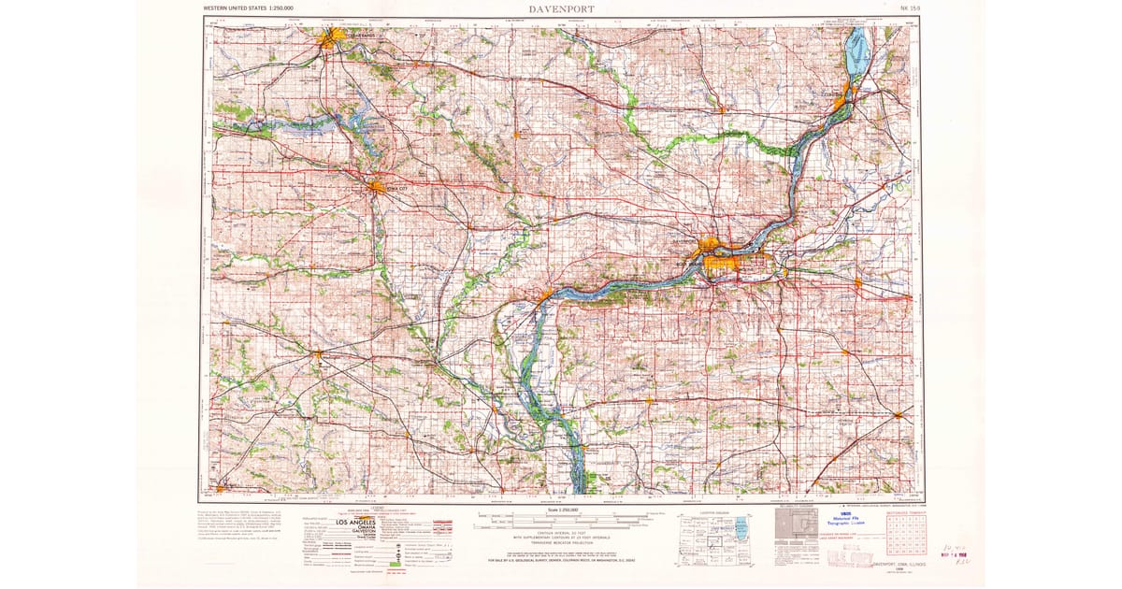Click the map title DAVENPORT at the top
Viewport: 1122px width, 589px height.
tap(561, 8)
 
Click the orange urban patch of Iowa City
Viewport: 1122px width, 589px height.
tap(377, 186)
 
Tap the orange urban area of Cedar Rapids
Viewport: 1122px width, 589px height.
tap(331, 38)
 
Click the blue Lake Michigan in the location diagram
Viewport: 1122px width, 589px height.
tap(741, 528)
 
